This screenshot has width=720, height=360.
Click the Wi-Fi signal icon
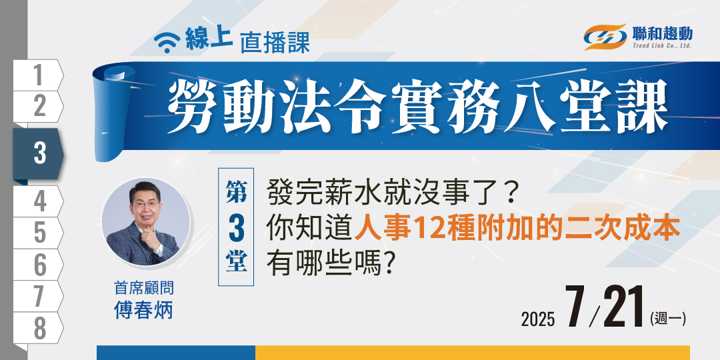coord(167,42)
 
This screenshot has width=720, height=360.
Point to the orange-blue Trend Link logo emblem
coord(605,37)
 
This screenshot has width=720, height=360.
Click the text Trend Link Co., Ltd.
coord(662,45)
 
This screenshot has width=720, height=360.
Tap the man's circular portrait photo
coord(145,221)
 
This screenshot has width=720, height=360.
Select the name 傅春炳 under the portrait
coord(144,310)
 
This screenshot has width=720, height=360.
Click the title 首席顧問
coord(144,289)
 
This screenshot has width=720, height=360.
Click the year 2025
coord(538,319)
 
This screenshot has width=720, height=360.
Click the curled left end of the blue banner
coord(113,113)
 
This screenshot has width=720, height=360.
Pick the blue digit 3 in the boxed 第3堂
coord(236,227)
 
